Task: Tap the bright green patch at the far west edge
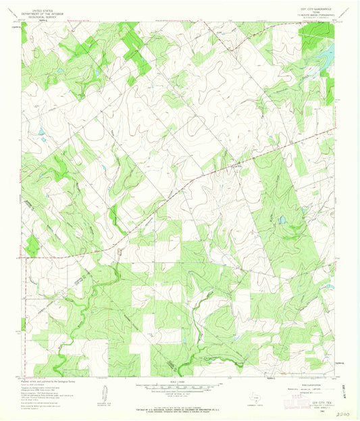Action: click(30, 244)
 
